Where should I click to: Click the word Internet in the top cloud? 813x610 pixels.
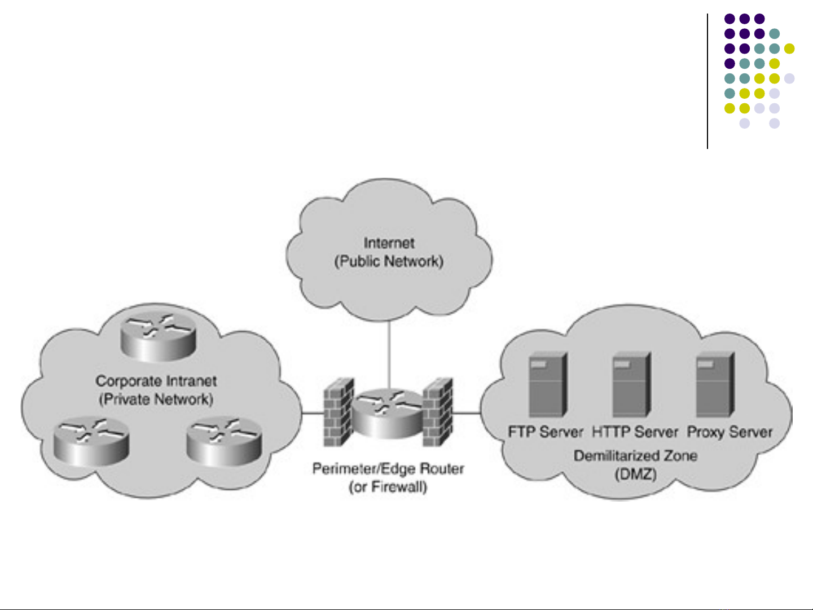pyautogui.click(x=389, y=243)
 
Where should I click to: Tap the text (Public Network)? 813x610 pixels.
pyautogui.click(x=389, y=262)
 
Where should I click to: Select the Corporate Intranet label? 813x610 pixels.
pyautogui.click(x=156, y=381)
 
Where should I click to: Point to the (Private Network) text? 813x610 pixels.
pyautogui.click(x=156, y=400)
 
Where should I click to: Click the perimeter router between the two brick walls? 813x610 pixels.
pyautogui.click(x=388, y=414)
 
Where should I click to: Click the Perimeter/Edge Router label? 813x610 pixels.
pyautogui.click(x=388, y=469)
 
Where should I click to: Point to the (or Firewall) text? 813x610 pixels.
pyautogui.click(x=388, y=487)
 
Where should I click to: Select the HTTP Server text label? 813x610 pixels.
pyautogui.click(x=635, y=432)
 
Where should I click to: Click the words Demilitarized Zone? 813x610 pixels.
pyautogui.click(x=635, y=456)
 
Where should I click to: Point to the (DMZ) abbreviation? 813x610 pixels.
pyautogui.click(x=635, y=474)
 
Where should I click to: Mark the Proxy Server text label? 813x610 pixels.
pyautogui.click(x=729, y=432)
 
